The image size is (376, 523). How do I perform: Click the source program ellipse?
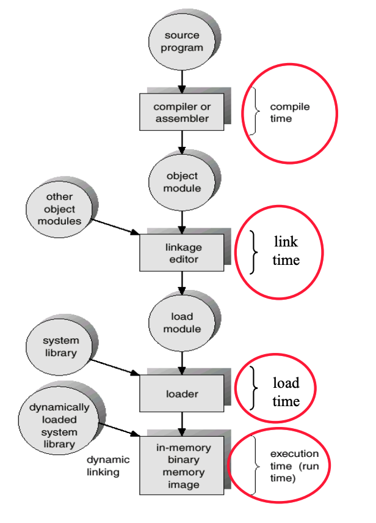click(x=182, y=41)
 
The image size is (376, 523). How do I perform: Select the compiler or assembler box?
click(x=182, y=112)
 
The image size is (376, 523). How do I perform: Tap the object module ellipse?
click(x=182, y=182)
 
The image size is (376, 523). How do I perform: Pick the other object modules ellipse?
click(x=59, y=209)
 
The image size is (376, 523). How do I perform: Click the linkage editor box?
click(x=182, y=253)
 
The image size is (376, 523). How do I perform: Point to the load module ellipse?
click(x=182, y=322)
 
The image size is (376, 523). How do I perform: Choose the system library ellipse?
click(x=60, y=347)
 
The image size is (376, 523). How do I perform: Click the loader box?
click(x=182, y=393)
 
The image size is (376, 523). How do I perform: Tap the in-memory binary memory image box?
click(x=182, y=465)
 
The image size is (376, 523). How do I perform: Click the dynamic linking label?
click(x=107, y=466)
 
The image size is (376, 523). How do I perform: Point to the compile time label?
click(x=290, y=113)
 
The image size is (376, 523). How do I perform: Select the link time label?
click(x=286, y=251)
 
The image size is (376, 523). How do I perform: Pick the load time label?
click(x=286, y=392)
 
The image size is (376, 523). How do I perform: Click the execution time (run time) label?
click(x=294, y=465)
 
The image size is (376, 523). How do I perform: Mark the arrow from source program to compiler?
click(x=182, y=80)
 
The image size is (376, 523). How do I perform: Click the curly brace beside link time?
click(x=254, y=251)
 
